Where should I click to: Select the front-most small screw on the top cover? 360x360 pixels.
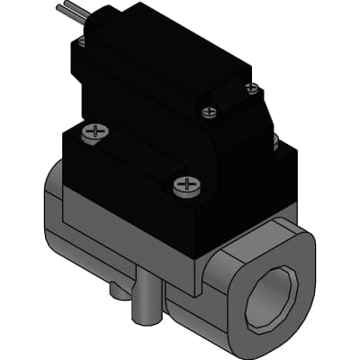click(210, 112)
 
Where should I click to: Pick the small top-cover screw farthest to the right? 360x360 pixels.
click(253, 88)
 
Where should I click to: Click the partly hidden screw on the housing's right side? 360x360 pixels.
click(274, 141)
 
